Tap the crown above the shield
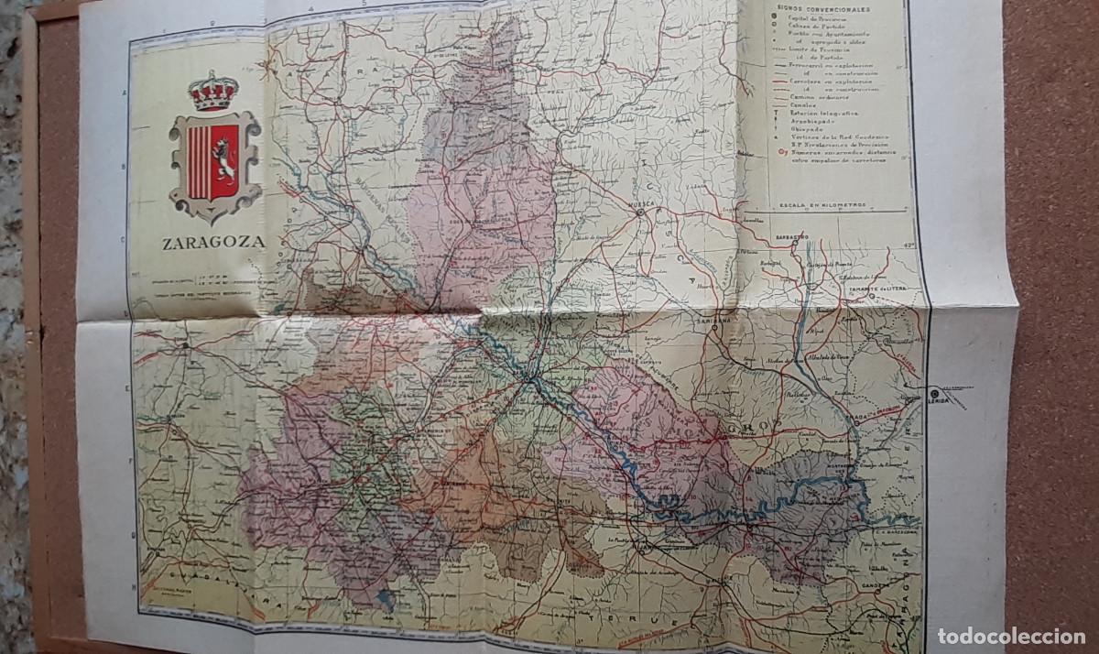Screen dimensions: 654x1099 point(213,93)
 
